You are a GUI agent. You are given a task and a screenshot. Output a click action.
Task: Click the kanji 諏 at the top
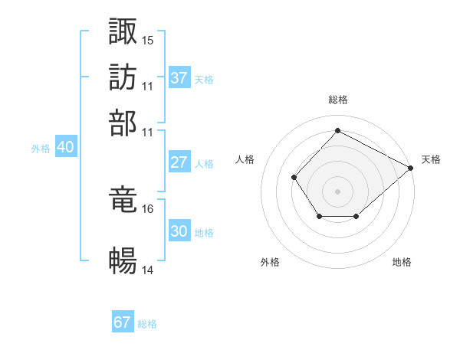coord(123,31)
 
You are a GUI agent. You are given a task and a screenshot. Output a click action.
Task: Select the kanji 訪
coord(123,77)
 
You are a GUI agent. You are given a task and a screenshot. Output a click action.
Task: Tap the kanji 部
coord(123,123)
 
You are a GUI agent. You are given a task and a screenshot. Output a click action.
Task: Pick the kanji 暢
coord(123,261)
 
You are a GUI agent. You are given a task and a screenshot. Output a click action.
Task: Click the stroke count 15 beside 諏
coord(148,40)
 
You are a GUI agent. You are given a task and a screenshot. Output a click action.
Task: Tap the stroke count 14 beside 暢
coord(148,270)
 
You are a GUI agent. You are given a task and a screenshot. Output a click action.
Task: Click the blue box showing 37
coord(179,78)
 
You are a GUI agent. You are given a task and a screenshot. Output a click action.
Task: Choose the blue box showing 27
coord(179,162)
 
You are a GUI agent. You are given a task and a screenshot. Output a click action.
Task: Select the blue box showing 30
coord(179,231)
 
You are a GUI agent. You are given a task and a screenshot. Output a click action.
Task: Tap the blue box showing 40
coord(65,148)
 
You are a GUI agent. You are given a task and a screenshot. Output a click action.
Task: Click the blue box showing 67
coord(123,322)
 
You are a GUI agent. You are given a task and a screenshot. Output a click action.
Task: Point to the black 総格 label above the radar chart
coord(338,100)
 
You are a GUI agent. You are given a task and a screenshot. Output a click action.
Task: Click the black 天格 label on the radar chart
coord(431,159)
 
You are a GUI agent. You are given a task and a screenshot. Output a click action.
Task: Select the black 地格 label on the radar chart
coord(402,262)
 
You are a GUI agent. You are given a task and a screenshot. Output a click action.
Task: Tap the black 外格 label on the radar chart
coord(270,262)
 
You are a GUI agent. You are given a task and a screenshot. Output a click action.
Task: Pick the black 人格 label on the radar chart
coord(245,159)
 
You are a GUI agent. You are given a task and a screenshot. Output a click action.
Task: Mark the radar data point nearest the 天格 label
coord(411,168)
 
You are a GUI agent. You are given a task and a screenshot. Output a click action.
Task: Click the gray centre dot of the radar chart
coord(337,191)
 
